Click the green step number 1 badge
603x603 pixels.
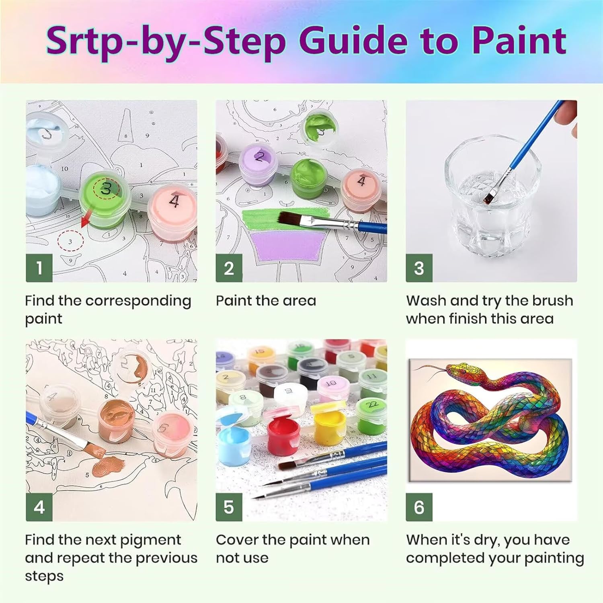tap(39, 268)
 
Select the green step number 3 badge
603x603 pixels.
tap(419, 268)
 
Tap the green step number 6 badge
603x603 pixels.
tap(419, 507)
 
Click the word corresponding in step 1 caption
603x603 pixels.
tap(138, 301)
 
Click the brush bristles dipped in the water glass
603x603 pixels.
tap(490, 197)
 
